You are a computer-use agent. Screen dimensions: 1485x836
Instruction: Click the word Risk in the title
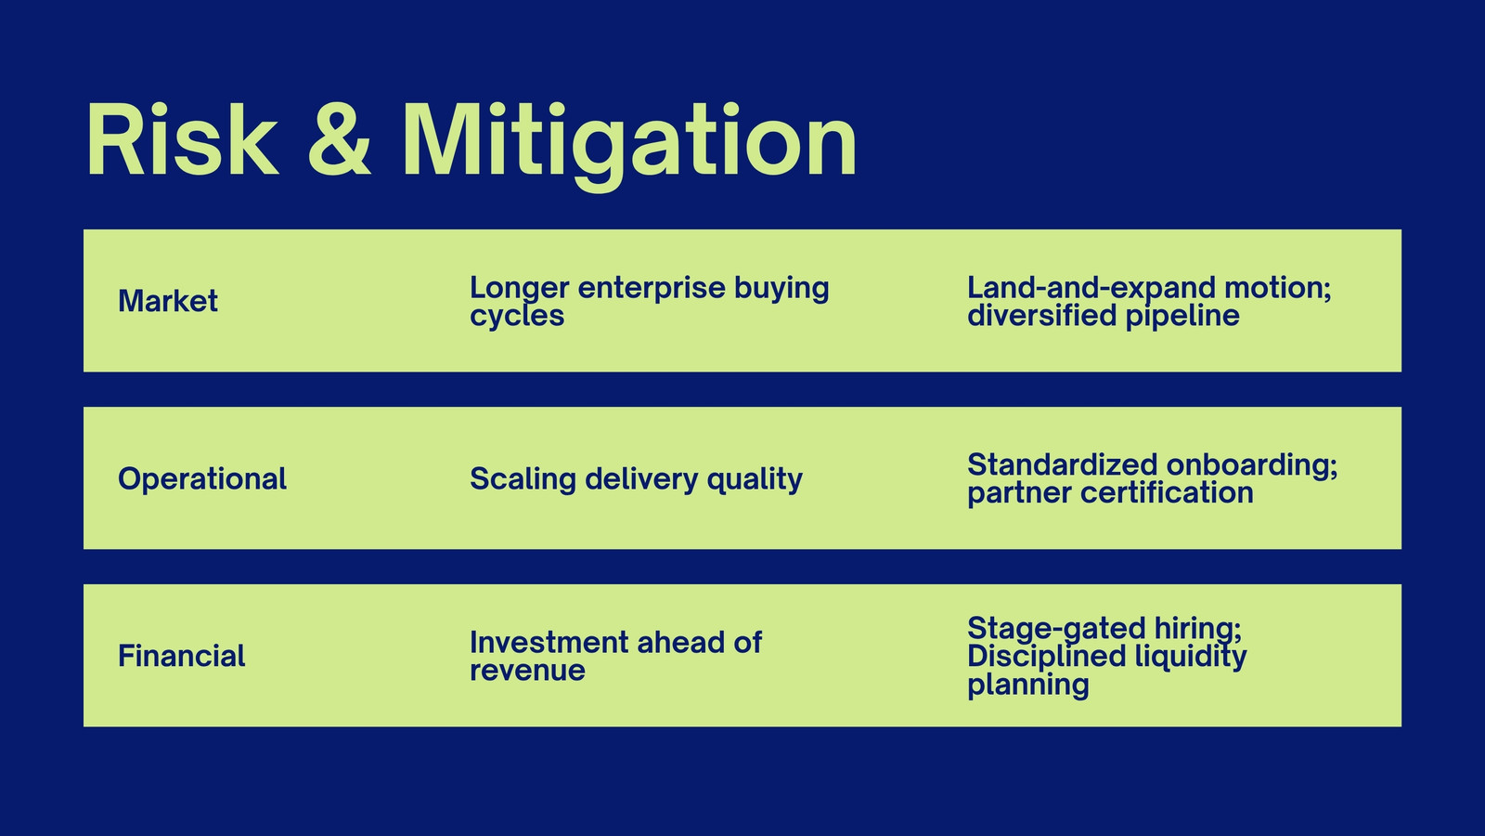182,140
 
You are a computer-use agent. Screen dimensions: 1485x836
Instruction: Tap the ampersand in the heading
339,140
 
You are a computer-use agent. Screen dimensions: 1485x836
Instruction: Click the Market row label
168,301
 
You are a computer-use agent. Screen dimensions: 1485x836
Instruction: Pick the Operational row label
202,479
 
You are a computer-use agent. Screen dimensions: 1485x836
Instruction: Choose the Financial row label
182,656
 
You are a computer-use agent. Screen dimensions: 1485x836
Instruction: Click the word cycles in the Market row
517,316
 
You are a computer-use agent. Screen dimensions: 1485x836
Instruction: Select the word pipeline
1182,316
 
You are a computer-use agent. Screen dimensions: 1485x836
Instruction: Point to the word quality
755,479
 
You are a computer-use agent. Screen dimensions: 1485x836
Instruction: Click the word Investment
549,642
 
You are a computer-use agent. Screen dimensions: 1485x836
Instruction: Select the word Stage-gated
1056,628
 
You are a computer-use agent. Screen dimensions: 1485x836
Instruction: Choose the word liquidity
1191,656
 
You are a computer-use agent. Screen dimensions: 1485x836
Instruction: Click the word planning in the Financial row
1027,686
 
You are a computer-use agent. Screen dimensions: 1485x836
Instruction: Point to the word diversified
1040,316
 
